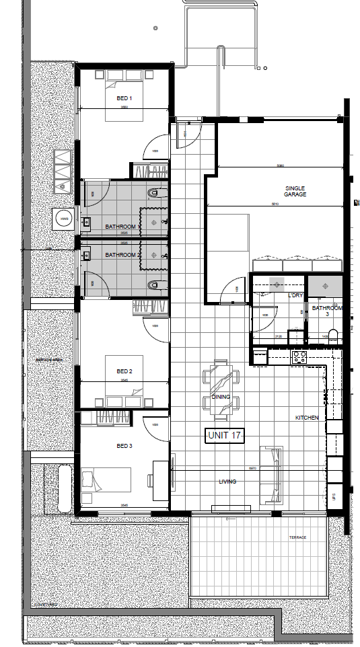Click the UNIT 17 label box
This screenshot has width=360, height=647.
225,436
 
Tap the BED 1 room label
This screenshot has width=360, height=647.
124,98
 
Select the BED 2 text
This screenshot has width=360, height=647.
124,371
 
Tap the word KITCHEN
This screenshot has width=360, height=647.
307,418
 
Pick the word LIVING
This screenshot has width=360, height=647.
227,482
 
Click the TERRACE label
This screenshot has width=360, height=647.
297,537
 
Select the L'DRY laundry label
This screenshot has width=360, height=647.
294,296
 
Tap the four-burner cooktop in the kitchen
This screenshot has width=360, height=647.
299,357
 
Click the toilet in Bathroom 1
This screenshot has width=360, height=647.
154,195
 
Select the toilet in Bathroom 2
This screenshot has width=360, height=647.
154,287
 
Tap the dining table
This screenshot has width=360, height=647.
221,387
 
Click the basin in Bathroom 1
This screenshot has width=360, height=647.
85,221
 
